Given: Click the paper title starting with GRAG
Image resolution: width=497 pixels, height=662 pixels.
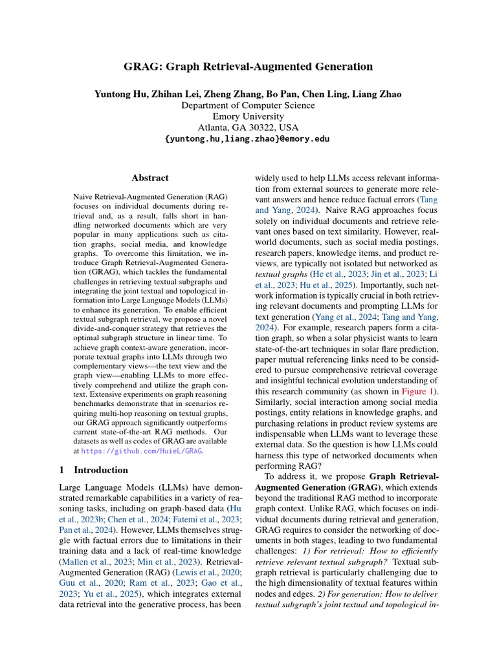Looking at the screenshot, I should point(248,67).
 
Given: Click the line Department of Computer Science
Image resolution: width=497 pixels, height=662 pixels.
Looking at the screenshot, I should point(248,105).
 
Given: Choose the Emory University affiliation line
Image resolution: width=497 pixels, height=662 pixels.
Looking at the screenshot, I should point(248,116).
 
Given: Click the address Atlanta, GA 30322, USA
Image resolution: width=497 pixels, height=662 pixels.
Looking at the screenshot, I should point(248,127).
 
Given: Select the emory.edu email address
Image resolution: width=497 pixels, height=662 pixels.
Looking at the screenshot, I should point(248,139).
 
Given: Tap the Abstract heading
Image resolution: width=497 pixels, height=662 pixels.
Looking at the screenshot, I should point(150,178).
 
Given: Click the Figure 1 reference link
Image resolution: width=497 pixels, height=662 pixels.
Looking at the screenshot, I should point(417,391).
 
